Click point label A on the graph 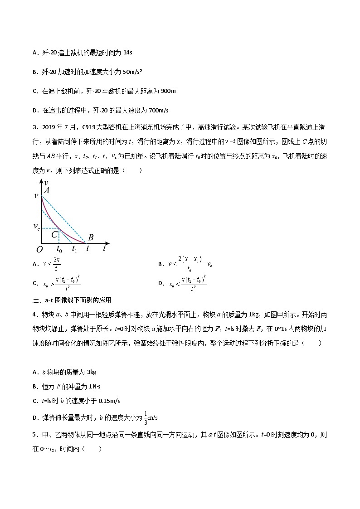pos(47,191)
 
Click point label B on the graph pos(91,237)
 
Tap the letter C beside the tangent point pos(54,235)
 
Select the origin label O pos(39,249)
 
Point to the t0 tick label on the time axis pos(59,249)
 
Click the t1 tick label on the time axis pos(75,249)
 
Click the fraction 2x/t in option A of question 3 pos(56,263)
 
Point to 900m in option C pos(168,91)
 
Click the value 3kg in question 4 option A pos(91,372)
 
